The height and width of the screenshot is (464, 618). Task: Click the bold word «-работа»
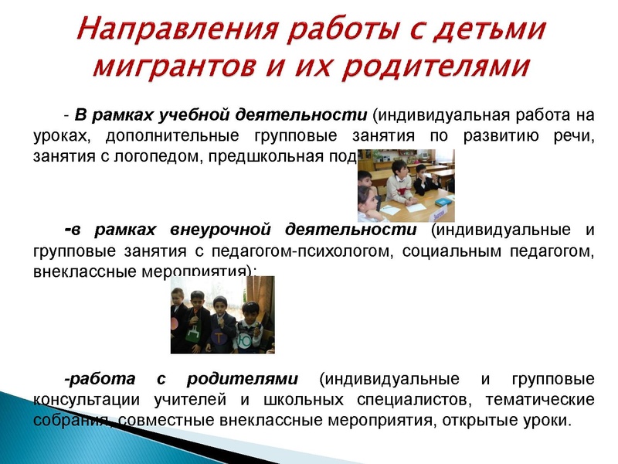coord(93,379)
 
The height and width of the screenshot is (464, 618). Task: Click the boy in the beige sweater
coord(399,186)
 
